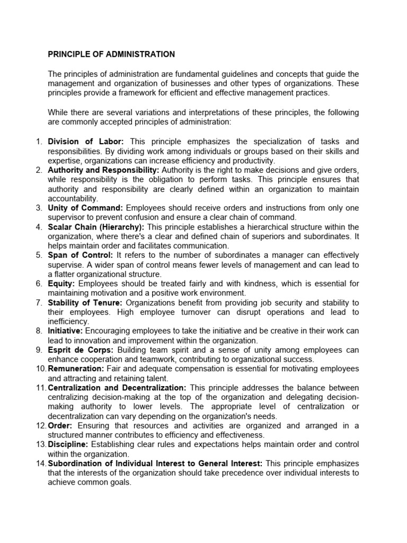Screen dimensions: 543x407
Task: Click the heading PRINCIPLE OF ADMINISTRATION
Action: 111,54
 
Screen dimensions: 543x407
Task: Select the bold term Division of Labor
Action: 86,142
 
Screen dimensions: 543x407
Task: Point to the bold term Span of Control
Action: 81,255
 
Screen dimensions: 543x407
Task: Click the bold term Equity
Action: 61,283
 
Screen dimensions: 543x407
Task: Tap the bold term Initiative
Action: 65,330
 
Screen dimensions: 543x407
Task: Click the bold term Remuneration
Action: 76,369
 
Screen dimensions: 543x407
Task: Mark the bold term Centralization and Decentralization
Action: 117,388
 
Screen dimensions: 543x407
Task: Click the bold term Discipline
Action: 69,444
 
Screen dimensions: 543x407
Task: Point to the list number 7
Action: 39,302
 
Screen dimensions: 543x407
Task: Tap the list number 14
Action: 40,463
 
